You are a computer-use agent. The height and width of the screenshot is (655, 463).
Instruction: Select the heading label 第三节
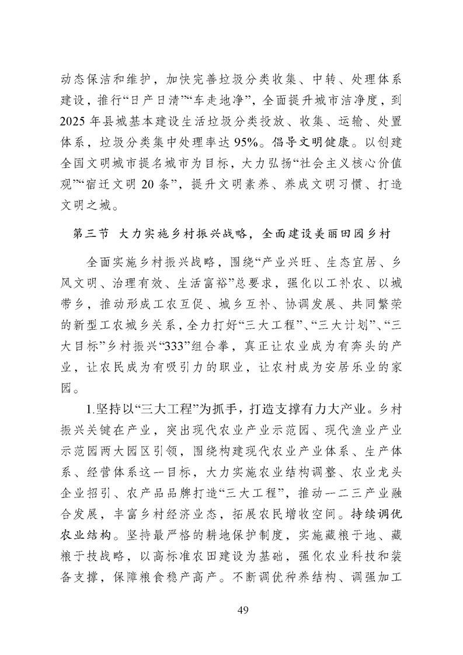[89, 234]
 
